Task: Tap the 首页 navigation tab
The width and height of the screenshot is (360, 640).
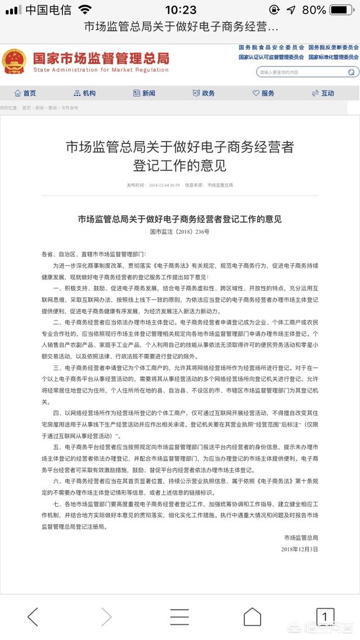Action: tap(25, 93)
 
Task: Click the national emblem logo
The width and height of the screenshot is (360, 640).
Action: tap(14, 61)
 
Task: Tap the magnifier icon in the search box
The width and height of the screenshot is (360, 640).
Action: tap(352, 72)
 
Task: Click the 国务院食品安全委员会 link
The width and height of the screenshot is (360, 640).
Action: tap(271, 48)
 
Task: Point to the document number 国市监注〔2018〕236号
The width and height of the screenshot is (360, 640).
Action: tap(179, 232)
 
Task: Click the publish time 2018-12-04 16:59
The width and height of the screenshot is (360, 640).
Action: tap(161, 185)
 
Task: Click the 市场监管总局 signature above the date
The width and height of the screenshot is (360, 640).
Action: tap(301, 538)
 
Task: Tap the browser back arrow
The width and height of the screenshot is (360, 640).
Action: tap(33, 616)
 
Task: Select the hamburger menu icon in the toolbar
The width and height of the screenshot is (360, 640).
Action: tap(179, 616)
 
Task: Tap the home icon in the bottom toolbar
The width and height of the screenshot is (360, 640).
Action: tap(252, 616)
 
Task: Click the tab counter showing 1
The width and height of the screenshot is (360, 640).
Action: tap(325, 616)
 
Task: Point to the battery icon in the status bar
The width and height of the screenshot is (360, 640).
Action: tap(342, 10)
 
